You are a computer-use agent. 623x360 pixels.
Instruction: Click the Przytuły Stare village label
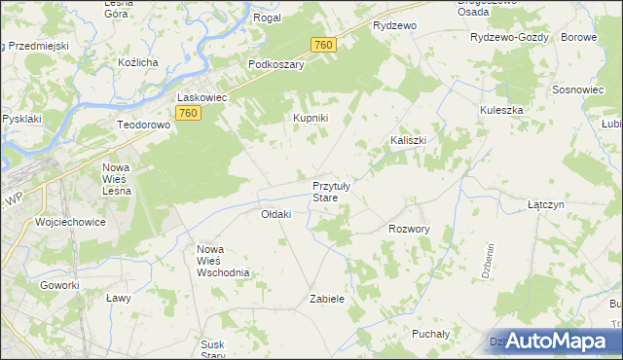[338, 191]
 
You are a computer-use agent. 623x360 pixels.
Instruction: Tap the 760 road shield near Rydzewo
[324, 45]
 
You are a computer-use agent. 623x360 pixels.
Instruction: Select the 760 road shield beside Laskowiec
[189, 114]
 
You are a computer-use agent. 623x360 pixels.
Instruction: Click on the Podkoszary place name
[276, 65]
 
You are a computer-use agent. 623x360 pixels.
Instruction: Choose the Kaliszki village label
[409, 140]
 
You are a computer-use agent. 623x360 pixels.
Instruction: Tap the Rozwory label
[409, 229]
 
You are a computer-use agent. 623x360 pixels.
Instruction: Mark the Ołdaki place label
[276, 214]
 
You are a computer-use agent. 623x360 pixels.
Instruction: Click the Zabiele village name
[327, 299]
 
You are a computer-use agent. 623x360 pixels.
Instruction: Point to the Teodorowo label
[144, 126]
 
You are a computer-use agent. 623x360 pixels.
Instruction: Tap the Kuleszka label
[501, 110]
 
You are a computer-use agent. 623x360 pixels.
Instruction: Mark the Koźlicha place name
[137, 62]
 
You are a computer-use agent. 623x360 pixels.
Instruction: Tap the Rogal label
[267, 18]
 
